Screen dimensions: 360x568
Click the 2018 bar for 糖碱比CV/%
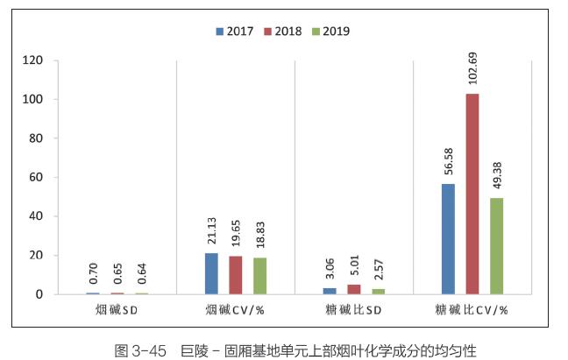472,194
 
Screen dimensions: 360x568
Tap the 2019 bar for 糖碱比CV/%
496,246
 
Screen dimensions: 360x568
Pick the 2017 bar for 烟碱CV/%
211,273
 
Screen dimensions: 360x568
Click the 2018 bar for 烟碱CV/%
235,275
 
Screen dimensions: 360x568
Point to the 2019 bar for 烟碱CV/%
259,276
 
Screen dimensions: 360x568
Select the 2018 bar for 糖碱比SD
354,289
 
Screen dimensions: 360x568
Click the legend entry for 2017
235,32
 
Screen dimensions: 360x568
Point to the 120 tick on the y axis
33,60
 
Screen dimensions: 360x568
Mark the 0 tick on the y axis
39,294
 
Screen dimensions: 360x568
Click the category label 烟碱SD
116,310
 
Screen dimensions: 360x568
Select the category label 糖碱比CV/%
472,310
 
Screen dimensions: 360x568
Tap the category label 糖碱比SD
353,310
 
